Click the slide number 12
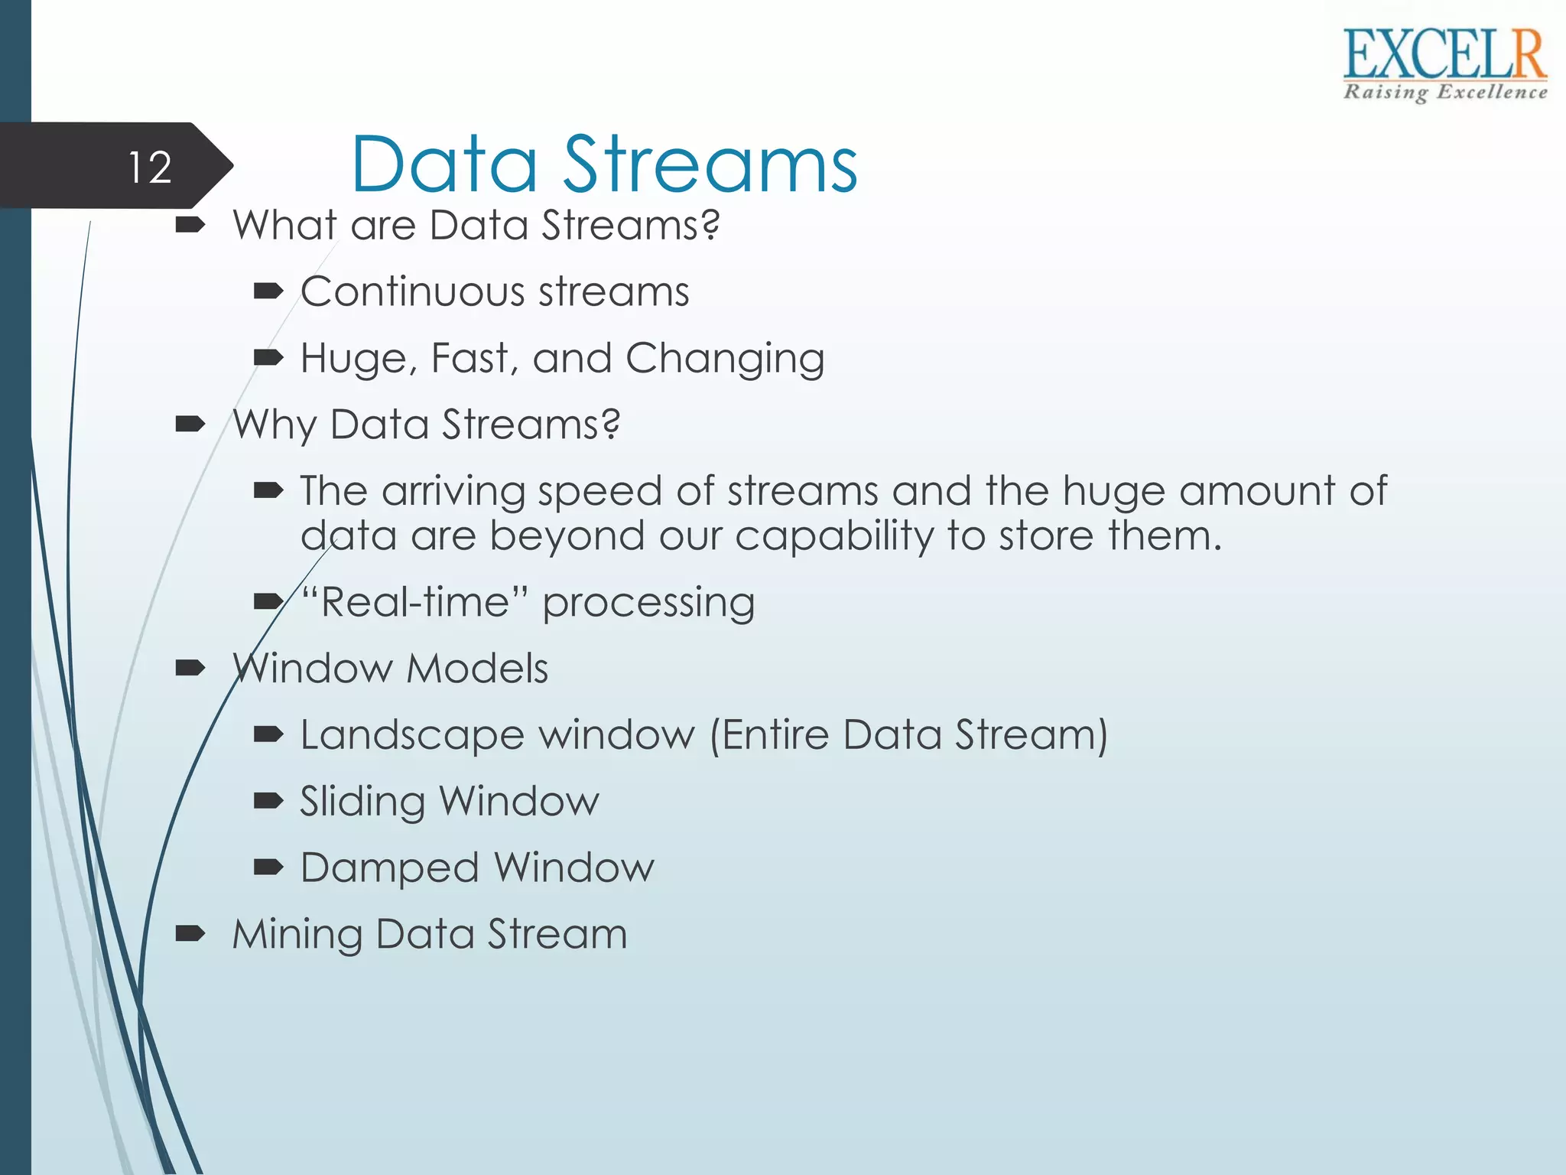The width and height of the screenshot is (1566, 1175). [150, 167]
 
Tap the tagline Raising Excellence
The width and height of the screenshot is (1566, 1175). [1444, 93]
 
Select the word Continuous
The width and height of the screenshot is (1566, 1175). [413, 291]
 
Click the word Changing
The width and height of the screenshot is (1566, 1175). [724, 358]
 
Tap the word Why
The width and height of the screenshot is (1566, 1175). [275, 425]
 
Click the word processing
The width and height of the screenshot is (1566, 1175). [648, 603]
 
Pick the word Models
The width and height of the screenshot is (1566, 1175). [477, 669]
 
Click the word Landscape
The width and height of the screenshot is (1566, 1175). [412, 735]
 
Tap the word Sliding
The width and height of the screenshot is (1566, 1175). [362, 802]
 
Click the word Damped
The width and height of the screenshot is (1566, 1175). [390, 868]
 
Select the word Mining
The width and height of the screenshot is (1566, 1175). [297, 935]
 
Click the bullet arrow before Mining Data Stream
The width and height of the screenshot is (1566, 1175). [190, 933]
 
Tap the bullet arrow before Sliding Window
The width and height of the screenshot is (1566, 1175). [268, 800]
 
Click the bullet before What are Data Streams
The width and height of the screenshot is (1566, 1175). [190, 225]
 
